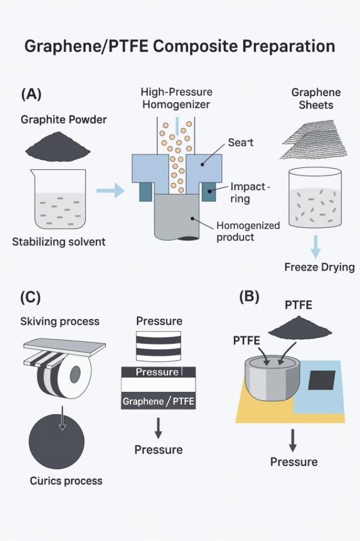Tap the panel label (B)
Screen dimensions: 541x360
coord(249,297)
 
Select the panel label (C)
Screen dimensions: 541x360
coord(30,297)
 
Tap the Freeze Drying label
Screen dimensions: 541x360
coord(319,267)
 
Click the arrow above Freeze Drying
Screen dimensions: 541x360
coord(316,245)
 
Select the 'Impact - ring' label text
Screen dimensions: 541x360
coord(250,193)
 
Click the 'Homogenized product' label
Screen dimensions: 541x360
coord(248,231)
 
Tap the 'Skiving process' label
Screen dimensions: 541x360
coord(60,321)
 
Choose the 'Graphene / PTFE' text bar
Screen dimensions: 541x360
coord(159,402)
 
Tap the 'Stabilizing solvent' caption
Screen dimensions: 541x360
coord(59,242)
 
